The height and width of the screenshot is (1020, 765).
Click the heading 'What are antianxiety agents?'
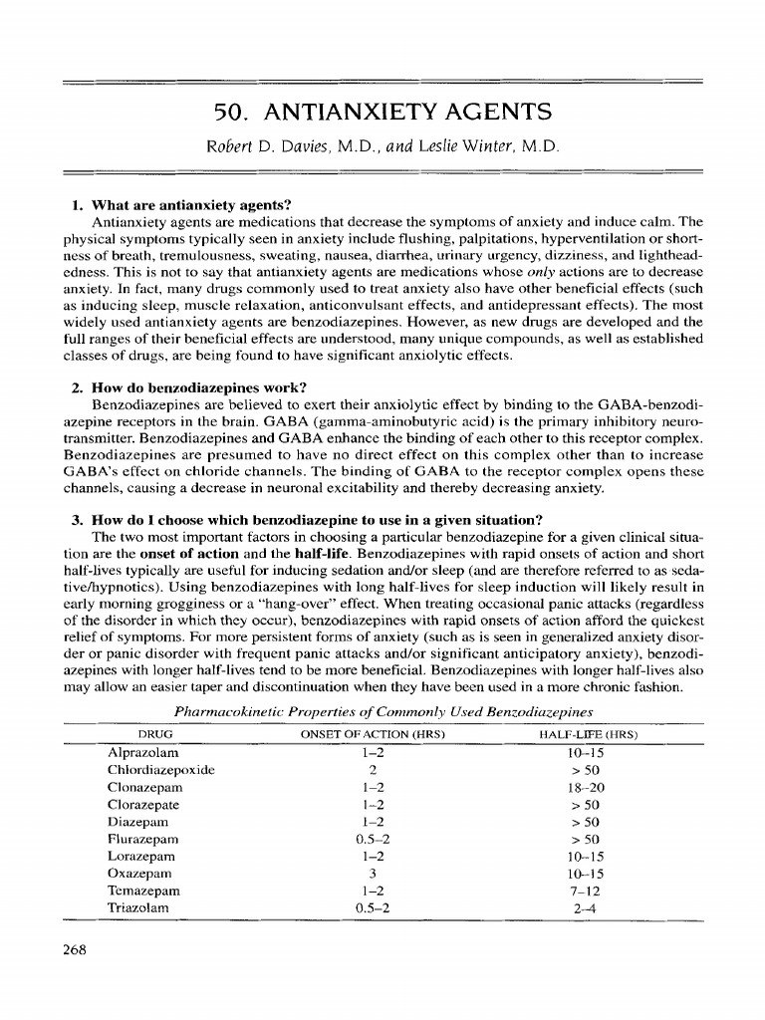click(189, 206)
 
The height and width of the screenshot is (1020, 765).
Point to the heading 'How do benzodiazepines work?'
click(194, 386)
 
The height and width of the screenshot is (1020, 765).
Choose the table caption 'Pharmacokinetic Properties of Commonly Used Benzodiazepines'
click(383, 711)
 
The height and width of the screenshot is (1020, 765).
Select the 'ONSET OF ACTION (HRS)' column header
click(372, 735)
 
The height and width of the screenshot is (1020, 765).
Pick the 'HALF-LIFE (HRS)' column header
click(587, 735)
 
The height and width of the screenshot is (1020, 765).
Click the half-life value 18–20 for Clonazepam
click(585, 787)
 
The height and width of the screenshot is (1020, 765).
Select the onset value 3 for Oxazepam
click(370, 874)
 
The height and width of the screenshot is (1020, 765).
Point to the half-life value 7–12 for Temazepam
click(585, 891)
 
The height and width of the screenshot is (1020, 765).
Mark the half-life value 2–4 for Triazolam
click(585, 907)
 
